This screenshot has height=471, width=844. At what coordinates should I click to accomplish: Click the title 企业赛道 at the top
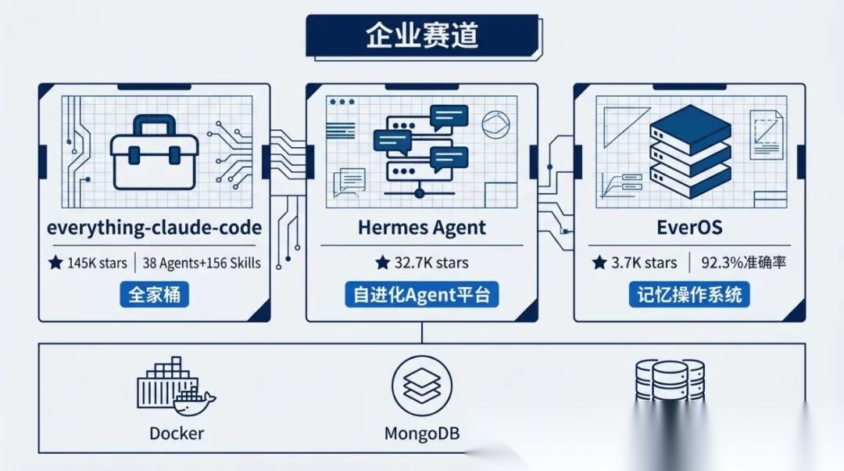coord(421,36)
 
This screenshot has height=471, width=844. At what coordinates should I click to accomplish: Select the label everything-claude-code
coord(154,228)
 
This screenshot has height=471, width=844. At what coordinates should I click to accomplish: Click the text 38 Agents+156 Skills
coord(202,263)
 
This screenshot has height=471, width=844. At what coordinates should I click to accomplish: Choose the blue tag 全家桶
coord(154,295)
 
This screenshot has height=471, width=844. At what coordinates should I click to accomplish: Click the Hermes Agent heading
coord(421,228)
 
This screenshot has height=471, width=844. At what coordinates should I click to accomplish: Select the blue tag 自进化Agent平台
coord(421,295)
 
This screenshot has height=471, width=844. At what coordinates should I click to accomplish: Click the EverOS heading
coord(689,228)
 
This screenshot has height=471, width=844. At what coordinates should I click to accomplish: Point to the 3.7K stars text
coord(634,263)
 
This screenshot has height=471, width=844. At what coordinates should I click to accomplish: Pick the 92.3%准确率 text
coord(742,263)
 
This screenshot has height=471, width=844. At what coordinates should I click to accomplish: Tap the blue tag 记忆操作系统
coord(689,295)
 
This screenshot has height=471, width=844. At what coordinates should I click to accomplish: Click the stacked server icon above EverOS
coord(690,153)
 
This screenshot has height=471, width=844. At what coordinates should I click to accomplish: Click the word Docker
coord(177,433)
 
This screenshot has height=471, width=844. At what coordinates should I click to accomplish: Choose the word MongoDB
coord(421,433)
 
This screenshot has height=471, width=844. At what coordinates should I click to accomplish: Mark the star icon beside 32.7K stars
coord(382,263)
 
